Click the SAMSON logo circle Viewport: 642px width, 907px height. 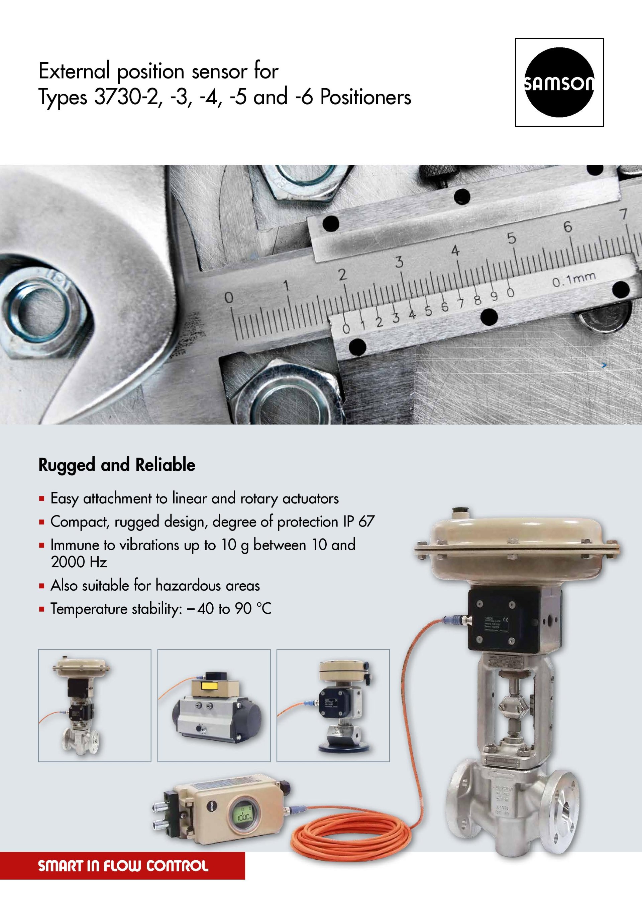click(x=559, y=83)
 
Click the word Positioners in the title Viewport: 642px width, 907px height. click(x=366, y=97)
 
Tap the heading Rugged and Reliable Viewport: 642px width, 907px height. click(x=117, y=465)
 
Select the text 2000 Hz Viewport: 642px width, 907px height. click(x=79, y=562)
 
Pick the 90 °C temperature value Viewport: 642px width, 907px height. click(x=253, y=609)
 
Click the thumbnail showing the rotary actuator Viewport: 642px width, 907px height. click(x=214, y=705)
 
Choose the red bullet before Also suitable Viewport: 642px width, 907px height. click(x=41, y=586)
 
